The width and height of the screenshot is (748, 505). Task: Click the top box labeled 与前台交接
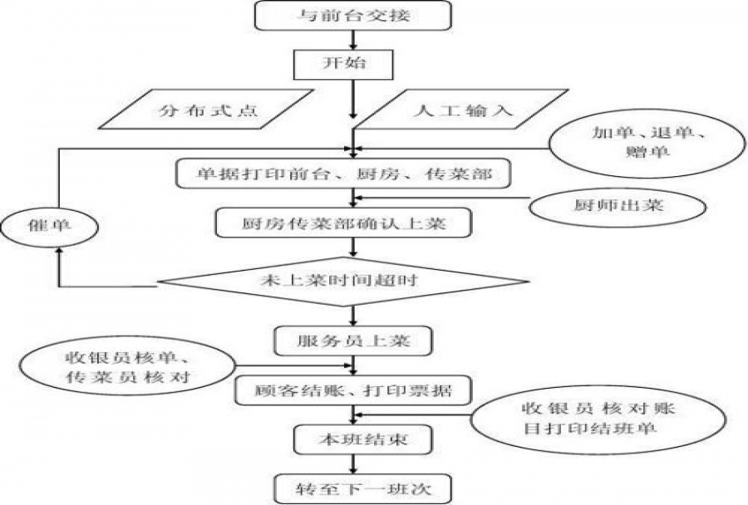coord(355,16)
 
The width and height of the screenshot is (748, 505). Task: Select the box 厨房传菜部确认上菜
coord(345,223)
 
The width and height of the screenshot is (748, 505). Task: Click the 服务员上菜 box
coord(353,340)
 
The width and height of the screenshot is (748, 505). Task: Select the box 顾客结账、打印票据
coord(353,388)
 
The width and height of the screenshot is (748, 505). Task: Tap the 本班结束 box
coord(353,439)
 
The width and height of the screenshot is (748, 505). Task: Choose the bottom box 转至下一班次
coord(353,488)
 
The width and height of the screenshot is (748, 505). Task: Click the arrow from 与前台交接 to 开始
coord(355,39)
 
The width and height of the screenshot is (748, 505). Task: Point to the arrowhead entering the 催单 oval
coord(56,252)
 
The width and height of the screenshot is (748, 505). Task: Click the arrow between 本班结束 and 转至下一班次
coord(355,463)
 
